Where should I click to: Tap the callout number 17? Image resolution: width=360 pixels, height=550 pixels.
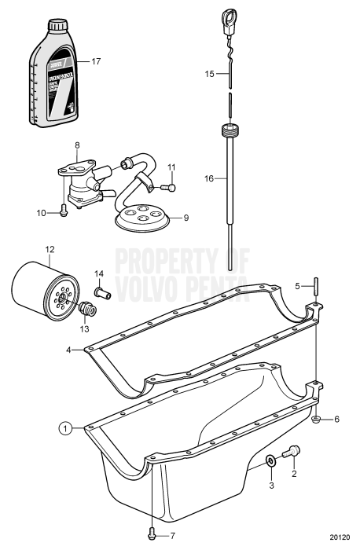pyautogui.click(x=96, y=60)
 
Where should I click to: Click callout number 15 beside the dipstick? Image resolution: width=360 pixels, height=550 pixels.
pyautogui.click(x=209, y=73)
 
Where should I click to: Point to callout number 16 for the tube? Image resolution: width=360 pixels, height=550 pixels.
pyautogui.click(x=209, y=178)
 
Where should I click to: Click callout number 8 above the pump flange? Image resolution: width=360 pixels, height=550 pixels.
pyautogui.click(x=77, y=145)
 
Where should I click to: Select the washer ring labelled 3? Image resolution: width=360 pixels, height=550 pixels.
pyautogui.click(x=270, y=462)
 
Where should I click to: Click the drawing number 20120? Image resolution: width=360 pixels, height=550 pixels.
pyautogui.click(x=340, y=538)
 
